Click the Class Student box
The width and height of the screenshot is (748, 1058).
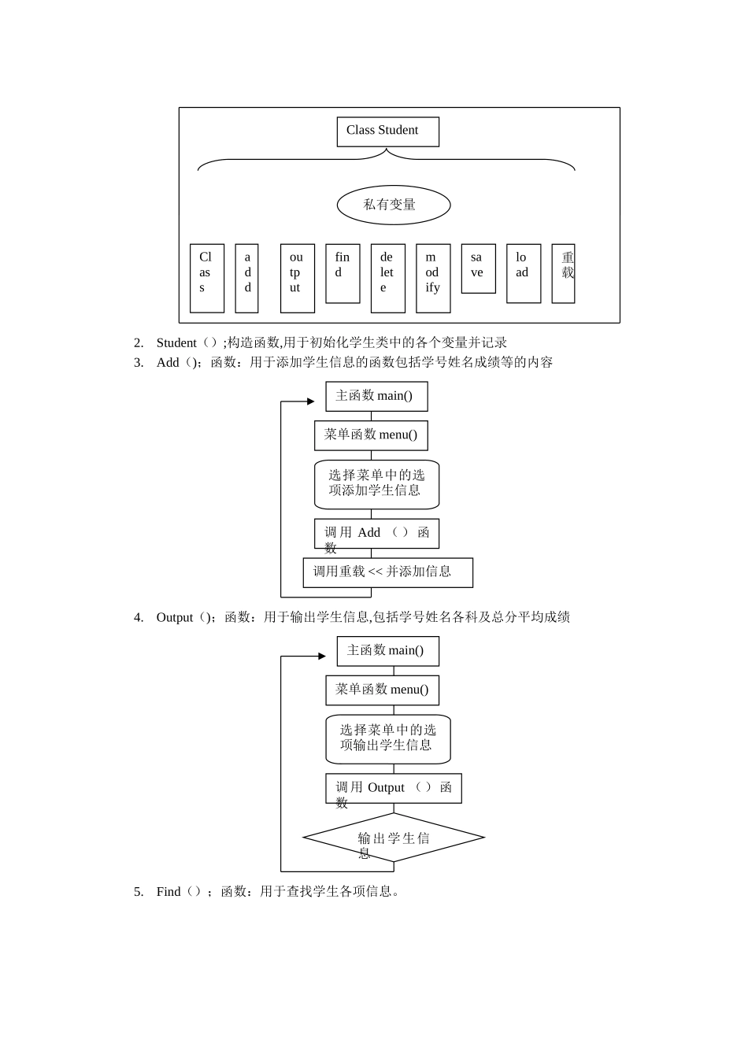pos(387,131)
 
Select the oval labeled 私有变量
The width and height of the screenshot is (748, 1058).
pos(394,205)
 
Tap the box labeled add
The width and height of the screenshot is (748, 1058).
pos(246,278)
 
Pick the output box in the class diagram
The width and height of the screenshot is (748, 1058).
pos(297,278)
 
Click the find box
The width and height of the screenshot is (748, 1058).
pos(343,273)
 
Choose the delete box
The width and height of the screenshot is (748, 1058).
pos(387,278)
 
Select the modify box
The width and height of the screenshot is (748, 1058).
pos(433,278)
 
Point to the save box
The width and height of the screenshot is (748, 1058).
pos(478,268)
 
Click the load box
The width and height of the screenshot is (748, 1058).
pos(523,273)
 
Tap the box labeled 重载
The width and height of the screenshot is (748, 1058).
pos(563,273)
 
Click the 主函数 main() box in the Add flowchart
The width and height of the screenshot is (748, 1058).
pos(376,396)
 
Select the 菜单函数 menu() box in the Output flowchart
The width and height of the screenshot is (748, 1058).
pos(382,690)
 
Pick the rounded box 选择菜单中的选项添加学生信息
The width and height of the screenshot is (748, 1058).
pos(376,484)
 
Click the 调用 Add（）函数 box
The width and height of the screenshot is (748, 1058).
pos(376,534)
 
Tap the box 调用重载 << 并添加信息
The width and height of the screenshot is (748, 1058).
pos(387,572)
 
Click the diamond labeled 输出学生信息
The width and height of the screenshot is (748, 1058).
pos(394,838)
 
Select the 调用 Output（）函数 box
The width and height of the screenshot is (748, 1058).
pos(394,788)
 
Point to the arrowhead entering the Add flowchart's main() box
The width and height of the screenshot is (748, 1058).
pos(311,401)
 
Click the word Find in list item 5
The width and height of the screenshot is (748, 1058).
pos(168,892)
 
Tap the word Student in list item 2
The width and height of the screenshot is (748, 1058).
pos(176,343)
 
